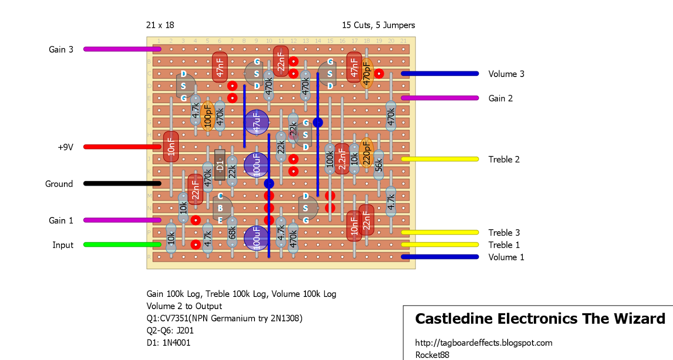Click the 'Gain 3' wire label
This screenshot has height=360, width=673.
tap(61, 50)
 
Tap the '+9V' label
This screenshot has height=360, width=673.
tap(66, 147)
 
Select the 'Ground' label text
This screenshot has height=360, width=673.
tap(59, 184)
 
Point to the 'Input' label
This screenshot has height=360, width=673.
tap(63, 245)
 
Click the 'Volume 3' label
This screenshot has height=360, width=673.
tap(506, 74)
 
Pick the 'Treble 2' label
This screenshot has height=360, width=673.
tap(504, 159)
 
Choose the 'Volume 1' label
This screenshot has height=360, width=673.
tap(506, 257)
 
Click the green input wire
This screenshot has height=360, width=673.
tap(122, 245)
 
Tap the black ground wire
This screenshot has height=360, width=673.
tap(122, 183)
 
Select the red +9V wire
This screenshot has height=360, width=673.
tap(122, 147)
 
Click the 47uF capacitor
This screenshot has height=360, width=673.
tap(257, 122)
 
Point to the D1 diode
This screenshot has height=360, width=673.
tap(220, 165)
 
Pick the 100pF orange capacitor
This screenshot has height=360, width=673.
tap(207, 116)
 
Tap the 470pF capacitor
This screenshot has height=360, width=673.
tap(366, 74)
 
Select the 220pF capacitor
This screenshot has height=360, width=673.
tap(366, 153)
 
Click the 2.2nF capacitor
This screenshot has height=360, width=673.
tap(342, 159)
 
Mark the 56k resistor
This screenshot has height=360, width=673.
tap(379, 165)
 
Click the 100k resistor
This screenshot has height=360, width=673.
tap(330, 159)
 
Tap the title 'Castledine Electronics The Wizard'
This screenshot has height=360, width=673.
tap(540, 319)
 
